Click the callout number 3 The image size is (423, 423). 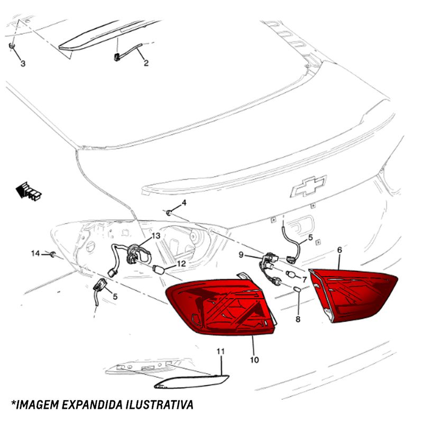(x=23, y=63)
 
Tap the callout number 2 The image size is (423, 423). (x=146, y=63)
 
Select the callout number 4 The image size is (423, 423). (x=184, y=203)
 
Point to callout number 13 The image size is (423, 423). (x=156, y=236)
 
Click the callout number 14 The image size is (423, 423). (x=35, y=253)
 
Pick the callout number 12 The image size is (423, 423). (x=181, y=263)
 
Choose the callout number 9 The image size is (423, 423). (x=241, y=254)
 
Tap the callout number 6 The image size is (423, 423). (x=339, y=250)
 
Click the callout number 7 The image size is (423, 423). (x=305, y=280)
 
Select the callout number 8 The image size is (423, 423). (x=298, y=319)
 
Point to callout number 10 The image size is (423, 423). (x=254, y=360)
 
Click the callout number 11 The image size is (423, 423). (x=220, y=352)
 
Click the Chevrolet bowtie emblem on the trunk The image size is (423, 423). (x=309, y=186)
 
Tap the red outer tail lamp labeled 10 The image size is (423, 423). (x=221, y=308)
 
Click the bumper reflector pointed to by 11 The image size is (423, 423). (x=191, y=382)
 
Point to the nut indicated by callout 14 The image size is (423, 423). (x=53, y=254)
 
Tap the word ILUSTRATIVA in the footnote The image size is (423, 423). (x=160, y=404)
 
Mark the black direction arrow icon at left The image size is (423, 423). (x=29, y=191)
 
